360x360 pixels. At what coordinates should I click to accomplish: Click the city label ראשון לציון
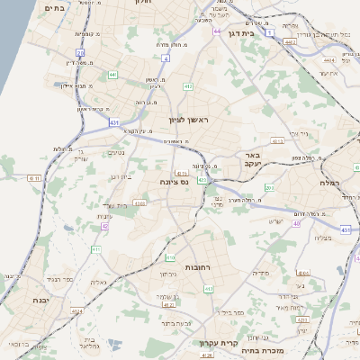tap(188, 120)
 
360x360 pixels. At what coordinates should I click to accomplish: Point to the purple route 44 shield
tap(217, 31)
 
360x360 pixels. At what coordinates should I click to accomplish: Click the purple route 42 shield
tap(104, 227)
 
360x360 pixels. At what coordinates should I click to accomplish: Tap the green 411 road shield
tap(95, 249)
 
